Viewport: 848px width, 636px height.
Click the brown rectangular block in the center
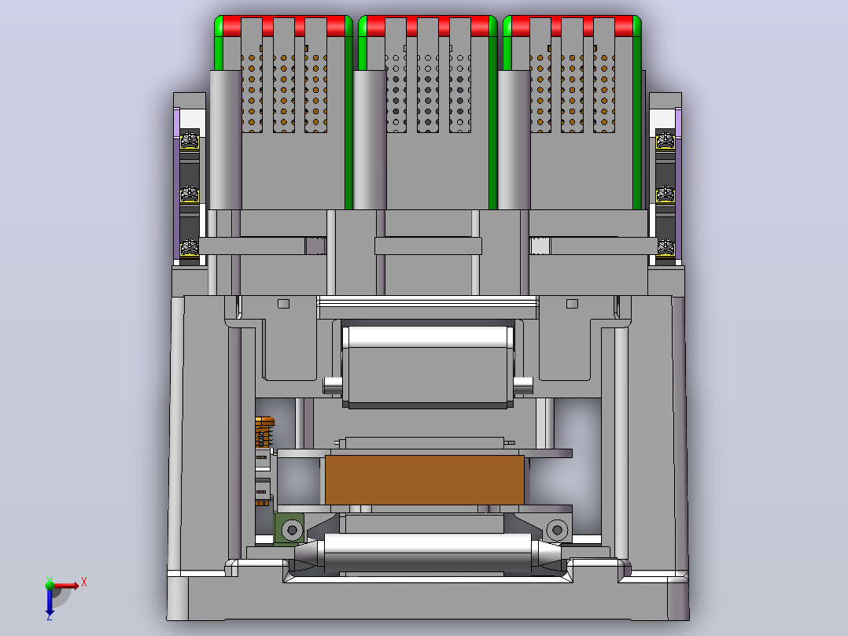point(425,479)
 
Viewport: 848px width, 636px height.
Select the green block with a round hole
point(289,530)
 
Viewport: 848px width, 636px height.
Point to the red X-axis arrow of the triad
point(65,585)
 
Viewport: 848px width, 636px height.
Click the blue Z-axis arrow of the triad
point(50,601)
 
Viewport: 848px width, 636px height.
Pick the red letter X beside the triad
point(84,582)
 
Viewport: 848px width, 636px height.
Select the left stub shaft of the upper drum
point(333,385)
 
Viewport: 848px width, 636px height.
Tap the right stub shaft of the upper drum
point(523,385)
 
